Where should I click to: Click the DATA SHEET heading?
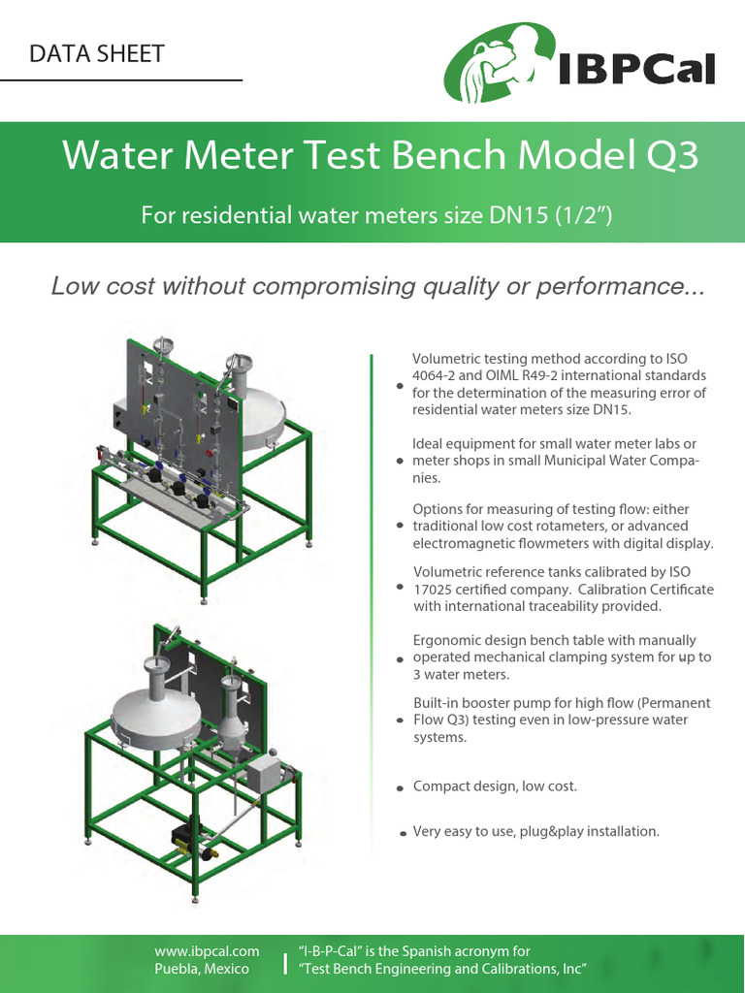tap(97, 54)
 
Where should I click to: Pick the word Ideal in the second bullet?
tap(430, 444)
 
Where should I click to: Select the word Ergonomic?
tap(447, 640)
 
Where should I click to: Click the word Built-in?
tap(438, 702)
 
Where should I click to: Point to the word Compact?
tap(442, 785)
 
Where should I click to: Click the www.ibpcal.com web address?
tap(207, 951)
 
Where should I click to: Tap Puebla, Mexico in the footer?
tap(202, 969)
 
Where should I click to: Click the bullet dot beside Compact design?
tap(401, 789)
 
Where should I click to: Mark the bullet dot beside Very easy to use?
tap(402, 833)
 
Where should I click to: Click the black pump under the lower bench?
tap(184, 835)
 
